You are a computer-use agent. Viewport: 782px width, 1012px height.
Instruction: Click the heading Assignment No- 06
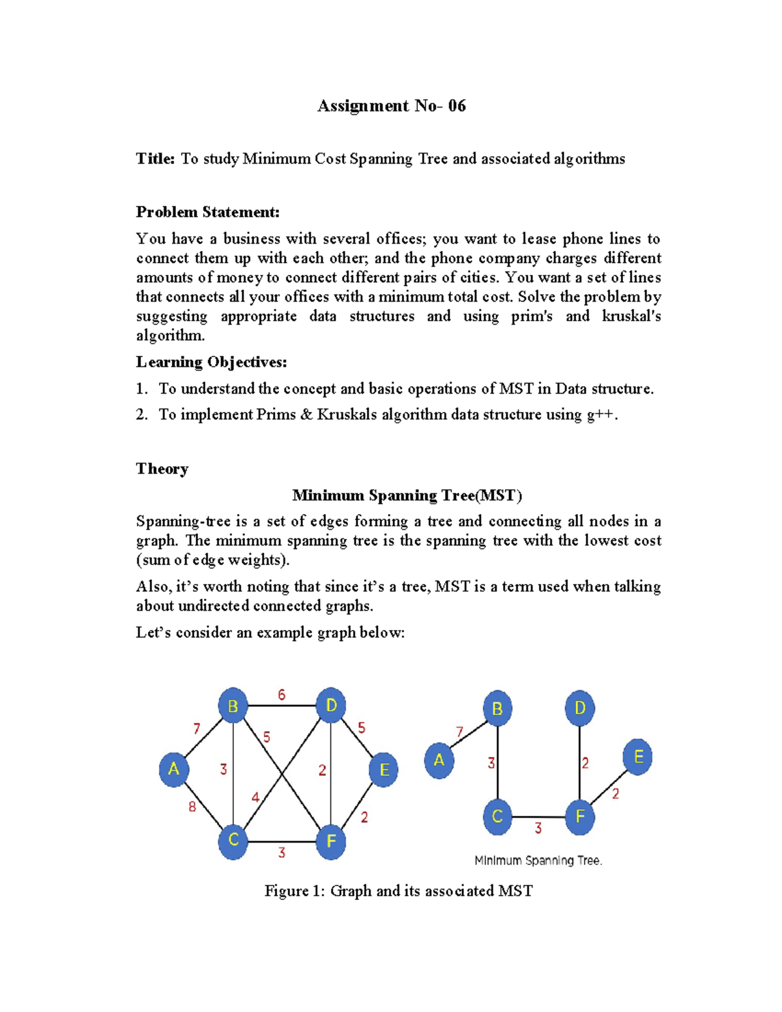pos(391,106)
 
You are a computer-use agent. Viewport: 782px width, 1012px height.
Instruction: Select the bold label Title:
pos(155,159)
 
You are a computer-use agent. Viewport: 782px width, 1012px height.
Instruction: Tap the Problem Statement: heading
pos(207,212)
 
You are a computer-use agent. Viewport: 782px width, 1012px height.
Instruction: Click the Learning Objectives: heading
pos(211,362)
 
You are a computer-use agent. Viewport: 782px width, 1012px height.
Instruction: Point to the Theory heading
pos(162,469)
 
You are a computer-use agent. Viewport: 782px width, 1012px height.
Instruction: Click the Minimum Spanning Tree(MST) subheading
pos(407,496)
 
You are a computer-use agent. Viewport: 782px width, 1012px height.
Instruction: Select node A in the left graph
pos(174,769)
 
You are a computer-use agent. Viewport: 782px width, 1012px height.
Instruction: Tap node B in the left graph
pos(233,706)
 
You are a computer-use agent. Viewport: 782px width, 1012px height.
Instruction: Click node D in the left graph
pos(331,705)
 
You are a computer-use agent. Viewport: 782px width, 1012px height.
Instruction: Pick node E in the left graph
pos(384,770)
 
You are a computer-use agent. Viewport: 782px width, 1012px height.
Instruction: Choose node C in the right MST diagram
pos(497,817)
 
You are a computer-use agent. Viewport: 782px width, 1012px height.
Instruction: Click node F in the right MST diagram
pos(580,817)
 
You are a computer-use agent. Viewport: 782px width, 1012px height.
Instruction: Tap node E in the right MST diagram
pos(638,757)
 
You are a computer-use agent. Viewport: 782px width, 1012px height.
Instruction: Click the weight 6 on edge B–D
pos(282,695)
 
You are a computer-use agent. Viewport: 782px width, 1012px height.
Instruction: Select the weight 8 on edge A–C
pos(192,807)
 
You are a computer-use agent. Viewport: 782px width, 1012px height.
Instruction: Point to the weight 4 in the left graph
pos(255,797)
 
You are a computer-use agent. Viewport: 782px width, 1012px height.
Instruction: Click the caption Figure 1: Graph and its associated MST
pos(398,891)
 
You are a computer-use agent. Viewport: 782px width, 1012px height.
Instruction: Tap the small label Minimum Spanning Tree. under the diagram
pos(538,861)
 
